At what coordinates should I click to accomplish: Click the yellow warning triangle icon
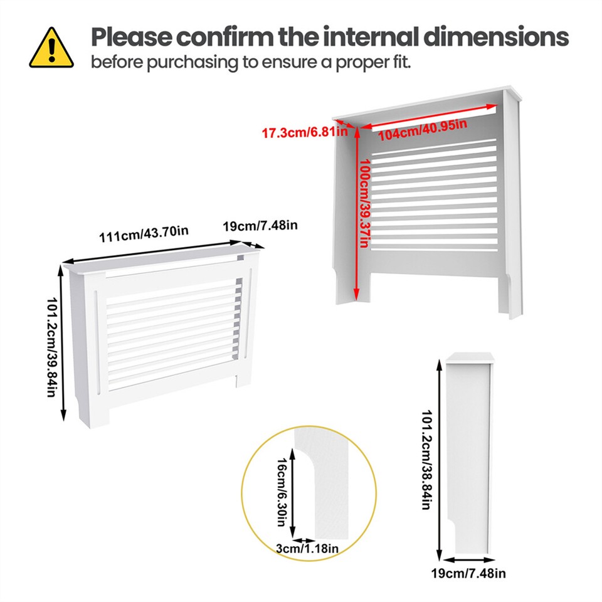[51, 48]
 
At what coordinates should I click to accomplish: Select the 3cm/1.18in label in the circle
[308, 549]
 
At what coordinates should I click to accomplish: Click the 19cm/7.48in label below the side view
[469, 573]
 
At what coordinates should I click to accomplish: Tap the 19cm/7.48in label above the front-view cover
[260, 225]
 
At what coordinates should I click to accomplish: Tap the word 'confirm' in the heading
[223, 37]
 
